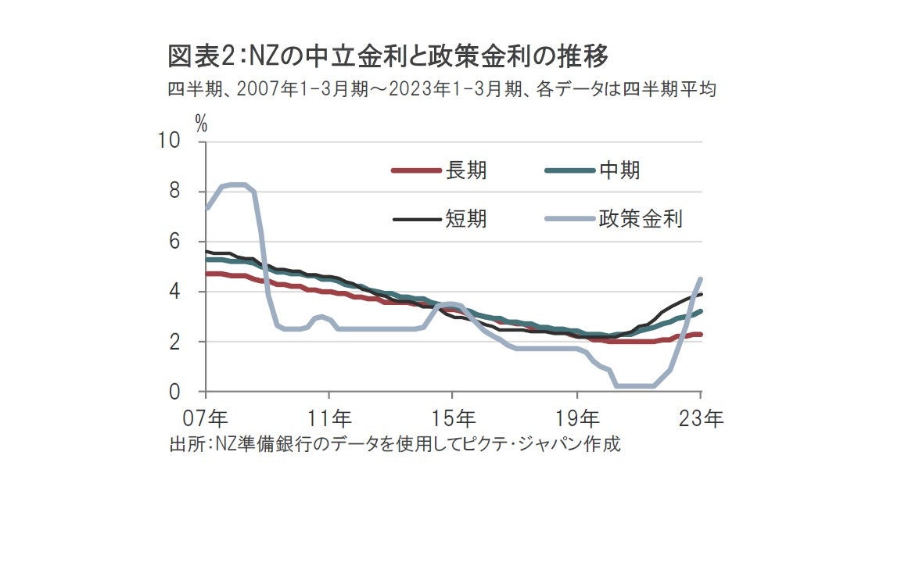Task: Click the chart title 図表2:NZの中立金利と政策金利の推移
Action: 388,57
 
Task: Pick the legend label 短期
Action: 466,218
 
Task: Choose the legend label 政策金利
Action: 641,218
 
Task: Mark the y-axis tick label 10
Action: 169,141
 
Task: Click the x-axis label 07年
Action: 206,417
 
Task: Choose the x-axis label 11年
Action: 329,417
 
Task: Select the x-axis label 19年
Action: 577,417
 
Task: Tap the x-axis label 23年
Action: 701,417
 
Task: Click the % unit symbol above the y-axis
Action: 201,123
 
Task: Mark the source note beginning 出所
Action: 394,444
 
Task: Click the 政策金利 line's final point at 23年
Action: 700,279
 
